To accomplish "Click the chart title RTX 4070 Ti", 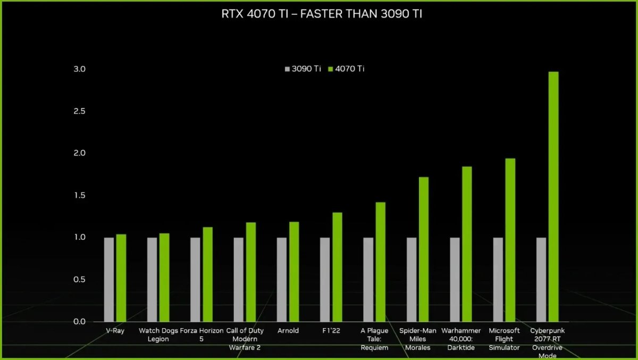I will click(322, 14).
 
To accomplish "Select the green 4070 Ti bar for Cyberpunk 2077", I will click(553, 197).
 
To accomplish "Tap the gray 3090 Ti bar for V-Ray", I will click(109, 280).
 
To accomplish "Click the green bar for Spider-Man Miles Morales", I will click(424, 249).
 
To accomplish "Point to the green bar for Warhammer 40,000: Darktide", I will click(467, 244).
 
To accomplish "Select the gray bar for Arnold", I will click(282, 280).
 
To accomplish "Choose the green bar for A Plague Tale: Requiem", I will click(380, 262).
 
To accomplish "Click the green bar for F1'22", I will click(337, 267).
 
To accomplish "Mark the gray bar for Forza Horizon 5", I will click(195, 280).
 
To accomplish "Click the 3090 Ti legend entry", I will click(303, 69).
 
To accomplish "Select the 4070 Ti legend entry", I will click(346, 69).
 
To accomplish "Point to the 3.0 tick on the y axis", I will click(80, 69).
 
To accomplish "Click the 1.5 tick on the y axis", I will click(80, 195).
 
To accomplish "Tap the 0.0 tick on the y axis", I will click(80, 322).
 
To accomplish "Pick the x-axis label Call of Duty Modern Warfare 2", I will click(245, 339).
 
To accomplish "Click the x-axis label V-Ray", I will click(115, 331).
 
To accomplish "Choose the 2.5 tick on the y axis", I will click(80, 111).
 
